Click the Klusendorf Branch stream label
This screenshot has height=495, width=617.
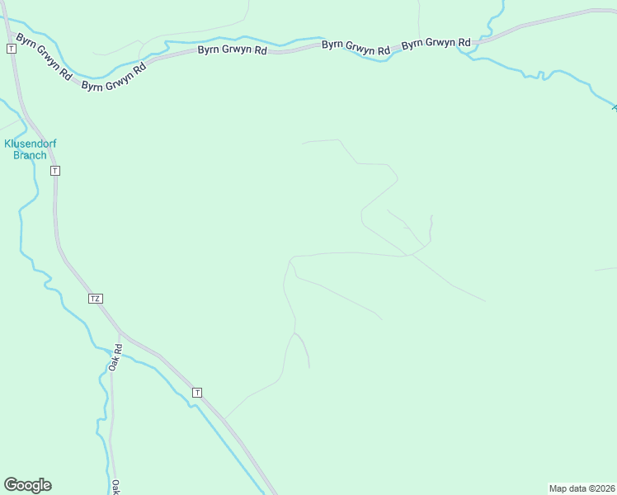[31, 149]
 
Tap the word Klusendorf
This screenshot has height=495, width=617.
[31, 144]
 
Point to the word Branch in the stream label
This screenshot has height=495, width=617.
[31, 155]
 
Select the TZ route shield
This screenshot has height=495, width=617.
[96, 298]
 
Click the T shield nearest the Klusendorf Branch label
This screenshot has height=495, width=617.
[54, 171]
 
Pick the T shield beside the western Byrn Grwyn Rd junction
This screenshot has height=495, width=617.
[11, 49]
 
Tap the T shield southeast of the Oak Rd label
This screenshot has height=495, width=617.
[196, 393]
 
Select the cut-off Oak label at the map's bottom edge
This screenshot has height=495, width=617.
[116, 487]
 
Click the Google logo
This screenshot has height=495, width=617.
[27, 485]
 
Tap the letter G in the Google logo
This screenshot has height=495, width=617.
[12, 485]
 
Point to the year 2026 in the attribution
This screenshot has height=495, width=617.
[603, 488]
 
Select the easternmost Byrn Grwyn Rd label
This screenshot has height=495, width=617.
[436, 43]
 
